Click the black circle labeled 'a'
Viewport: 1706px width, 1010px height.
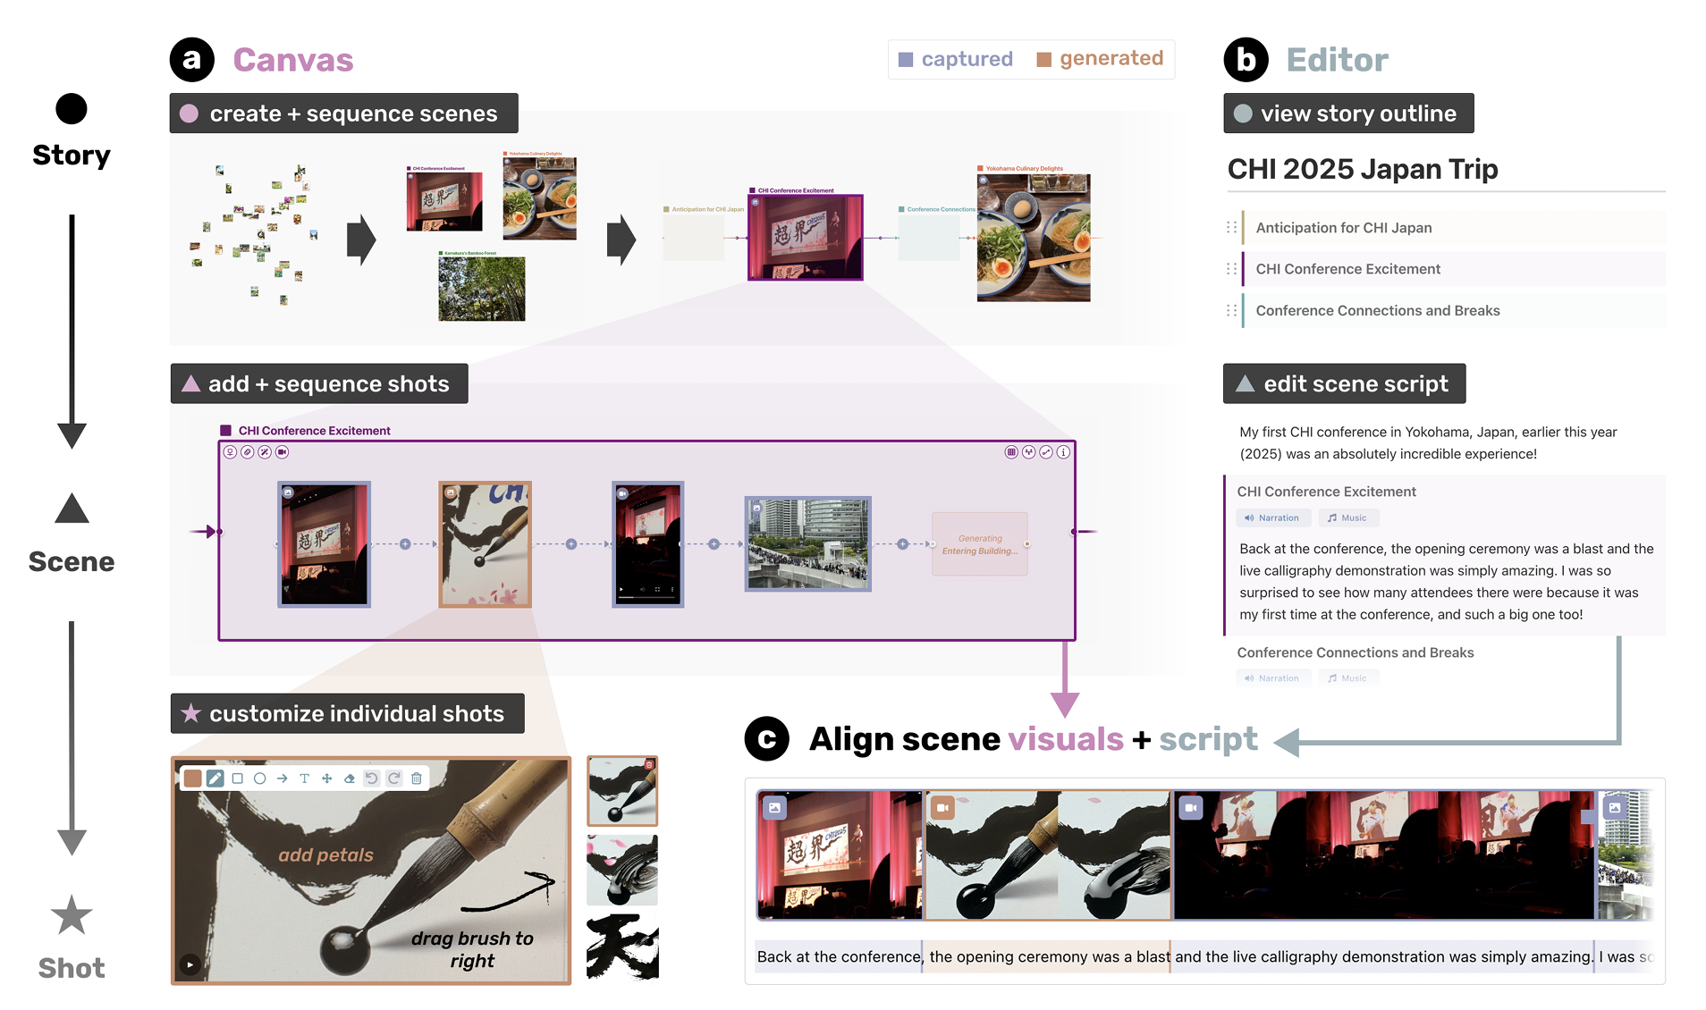pyautogui.click(x=191, y=60)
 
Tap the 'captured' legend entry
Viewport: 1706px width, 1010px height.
pyautogui.click(x=955, y=59)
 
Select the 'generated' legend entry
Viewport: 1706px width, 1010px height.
pyautogui.click(x=1100, y=59)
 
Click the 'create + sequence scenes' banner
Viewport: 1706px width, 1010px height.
pyautogui.click(x=343, y=114)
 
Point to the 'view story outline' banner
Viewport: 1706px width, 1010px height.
pyautogui.click(x=1347, y=114)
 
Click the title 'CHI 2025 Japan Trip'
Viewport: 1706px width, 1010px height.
pyautogui.click(x=1362, y=169)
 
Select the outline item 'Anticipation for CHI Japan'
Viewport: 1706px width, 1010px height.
pyautogui.click(x=1343, y=228)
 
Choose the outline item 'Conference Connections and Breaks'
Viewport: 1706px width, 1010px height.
pyautogui.click(x=1377, y=310)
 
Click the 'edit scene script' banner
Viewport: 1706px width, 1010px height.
pyautogui.click(x=1344, y=383)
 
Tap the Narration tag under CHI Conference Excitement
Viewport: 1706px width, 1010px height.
pyautogui.click(x=1272, y=518)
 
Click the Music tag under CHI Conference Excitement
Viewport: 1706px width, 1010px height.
pyautogui.click(x=1347, y=518)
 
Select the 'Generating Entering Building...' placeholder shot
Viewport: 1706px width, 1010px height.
pyautogui.click(x=979, y=544)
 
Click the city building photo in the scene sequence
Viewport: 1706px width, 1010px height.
pyautogui.click(x=807, y=543)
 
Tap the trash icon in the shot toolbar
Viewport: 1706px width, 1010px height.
pyautogui.click(x=417, y=779)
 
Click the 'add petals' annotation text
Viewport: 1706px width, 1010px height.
pyautogui.click(x=325, y=855)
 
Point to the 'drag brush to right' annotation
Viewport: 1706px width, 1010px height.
pyautogui.click(x=472, y=949)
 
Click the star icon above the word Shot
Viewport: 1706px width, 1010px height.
pyautogui.click(x=72, y=915)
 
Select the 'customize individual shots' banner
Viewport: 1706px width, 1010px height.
pyautogui.click(x=347, y=713)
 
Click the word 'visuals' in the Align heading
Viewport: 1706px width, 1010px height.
pyautogui.click(x=1065, y=739)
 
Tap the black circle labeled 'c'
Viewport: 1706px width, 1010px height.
pyautogui.click(x=766, y=739)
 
